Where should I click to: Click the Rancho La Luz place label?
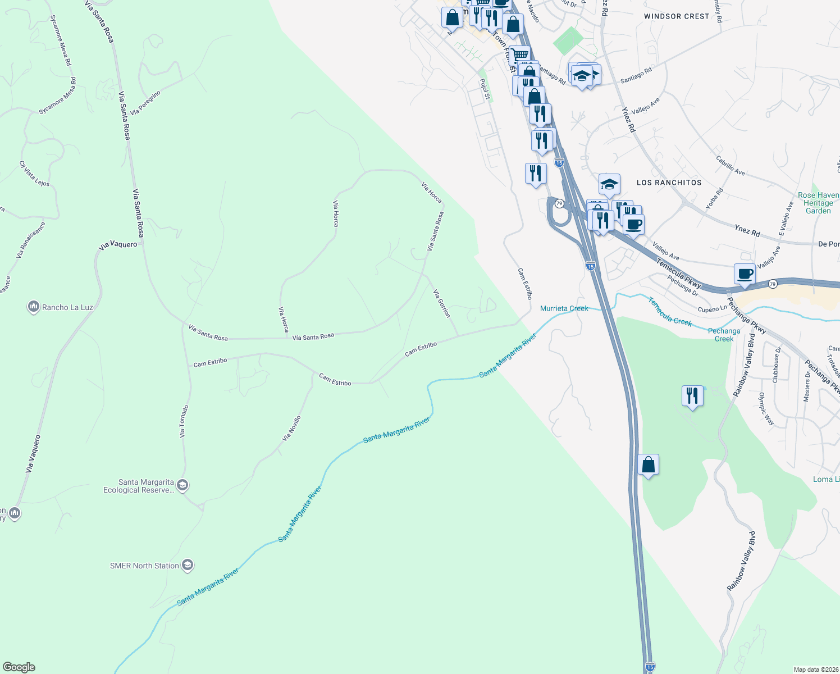tap(67, 307)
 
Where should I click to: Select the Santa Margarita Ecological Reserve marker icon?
tap(182, 485)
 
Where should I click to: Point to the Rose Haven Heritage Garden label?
tap(818, 203)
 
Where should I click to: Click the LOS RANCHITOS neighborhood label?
tap(669, 183)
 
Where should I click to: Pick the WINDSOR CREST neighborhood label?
tap(676, 16)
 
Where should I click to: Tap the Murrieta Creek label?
tap(564, 308)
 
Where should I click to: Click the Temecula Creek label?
tap(670, 312)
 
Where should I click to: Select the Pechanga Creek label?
tap(724, 335)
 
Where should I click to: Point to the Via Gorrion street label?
tap(441, 303)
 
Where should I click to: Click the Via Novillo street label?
tap(291, 428)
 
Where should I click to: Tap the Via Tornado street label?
tap(184, 421)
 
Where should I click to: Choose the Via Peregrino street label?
tap(145, 103)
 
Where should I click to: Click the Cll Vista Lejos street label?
tap(34, 174)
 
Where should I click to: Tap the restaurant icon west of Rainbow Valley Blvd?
tap(692, 396)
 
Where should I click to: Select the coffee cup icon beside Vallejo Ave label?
tap(745, 274)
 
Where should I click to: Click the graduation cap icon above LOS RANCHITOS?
tap(609, 184)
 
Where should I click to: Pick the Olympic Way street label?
tap(766, 408)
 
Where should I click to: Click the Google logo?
tap(19, 667)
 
